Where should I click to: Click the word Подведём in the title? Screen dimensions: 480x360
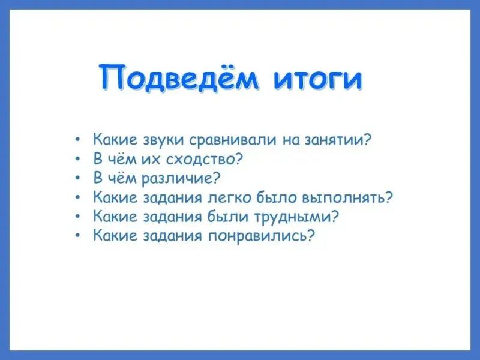[x=178, y=77]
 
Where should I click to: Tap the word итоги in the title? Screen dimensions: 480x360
[x=318, y=80]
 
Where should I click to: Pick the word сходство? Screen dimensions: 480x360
[x=200, y=159]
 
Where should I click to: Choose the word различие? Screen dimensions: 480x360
[x=177, y=178]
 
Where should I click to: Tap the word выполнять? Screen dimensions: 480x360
[x=343, y=198]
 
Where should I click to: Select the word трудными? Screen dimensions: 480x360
[x=293, y=217]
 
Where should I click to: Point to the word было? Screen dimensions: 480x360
[x=277, y=197]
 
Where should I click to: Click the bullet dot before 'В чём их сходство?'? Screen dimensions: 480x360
[x=78, y=159]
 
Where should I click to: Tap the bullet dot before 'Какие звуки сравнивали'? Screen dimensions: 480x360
[x=78, y=140]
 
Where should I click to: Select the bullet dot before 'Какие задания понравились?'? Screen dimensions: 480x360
[x=78, y=236]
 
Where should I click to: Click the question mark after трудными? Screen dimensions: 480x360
[x=335, y=217]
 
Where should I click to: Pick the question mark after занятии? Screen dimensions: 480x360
[x=367, y=139]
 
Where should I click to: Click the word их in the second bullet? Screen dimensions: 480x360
[x=151, y=159]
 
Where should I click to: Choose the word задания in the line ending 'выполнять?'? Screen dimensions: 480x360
[x=173, y=198]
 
